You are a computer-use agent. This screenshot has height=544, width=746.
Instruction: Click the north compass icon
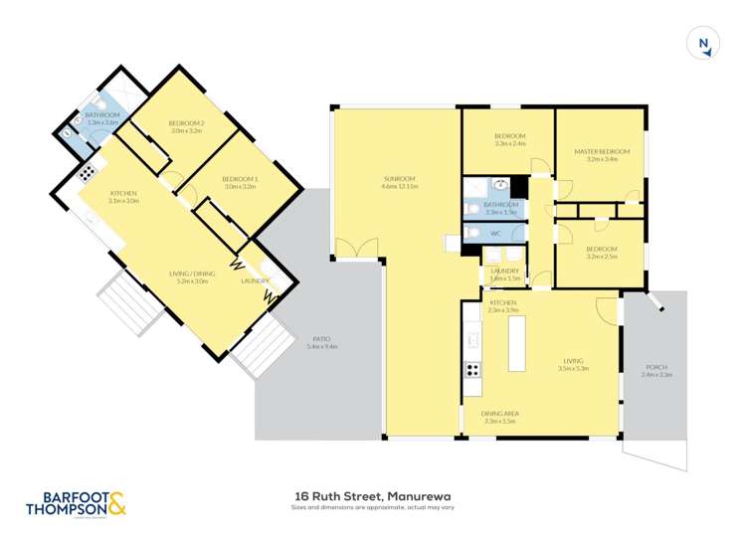click(704, 43)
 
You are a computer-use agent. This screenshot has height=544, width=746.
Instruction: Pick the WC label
click(494, 234)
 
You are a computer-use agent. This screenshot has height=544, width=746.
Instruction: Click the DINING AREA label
click(500, 413)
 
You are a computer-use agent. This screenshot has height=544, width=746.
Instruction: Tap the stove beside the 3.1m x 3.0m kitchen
click(87, 171)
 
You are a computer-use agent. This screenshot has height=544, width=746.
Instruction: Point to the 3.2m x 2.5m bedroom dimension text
click(603, 256)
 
